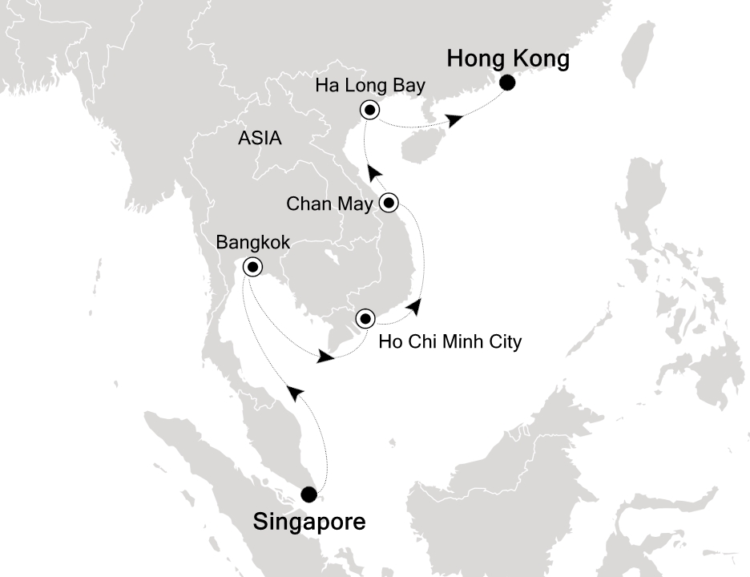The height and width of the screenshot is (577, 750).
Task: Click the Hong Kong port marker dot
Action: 507,83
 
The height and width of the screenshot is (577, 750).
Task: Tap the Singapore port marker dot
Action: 308,494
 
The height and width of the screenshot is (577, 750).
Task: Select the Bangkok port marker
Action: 252,267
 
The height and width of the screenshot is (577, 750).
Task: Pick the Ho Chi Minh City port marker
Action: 365,319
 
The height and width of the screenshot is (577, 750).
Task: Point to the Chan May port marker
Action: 389,203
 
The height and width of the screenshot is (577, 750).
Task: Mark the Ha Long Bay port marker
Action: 369,111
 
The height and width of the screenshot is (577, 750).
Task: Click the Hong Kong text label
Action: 508,59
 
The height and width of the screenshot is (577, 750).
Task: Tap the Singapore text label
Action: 309,523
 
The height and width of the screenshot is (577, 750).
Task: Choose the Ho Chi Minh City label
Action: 450,342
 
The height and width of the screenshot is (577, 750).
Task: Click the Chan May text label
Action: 329,204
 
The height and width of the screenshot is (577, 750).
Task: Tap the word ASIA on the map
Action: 260,138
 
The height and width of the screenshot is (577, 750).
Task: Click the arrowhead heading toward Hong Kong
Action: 454,120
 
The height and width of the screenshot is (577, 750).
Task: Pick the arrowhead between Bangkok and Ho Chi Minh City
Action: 325,356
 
